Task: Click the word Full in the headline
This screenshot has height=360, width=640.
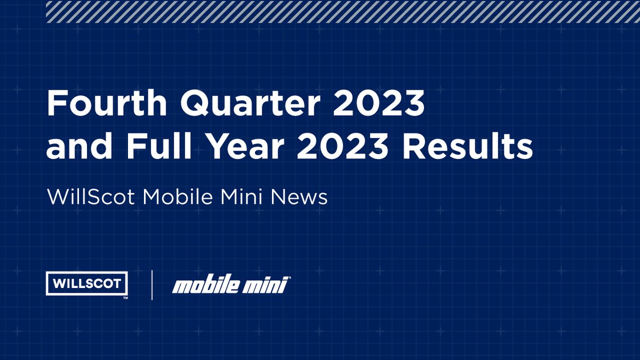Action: click(155, 147)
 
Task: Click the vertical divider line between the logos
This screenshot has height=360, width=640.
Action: click(152, 285)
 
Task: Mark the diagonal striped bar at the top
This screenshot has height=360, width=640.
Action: click(343, 11)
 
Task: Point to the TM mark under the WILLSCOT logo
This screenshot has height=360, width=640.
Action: click(125, 298)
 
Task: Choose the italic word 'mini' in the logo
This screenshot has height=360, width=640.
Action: click(266, 286)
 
